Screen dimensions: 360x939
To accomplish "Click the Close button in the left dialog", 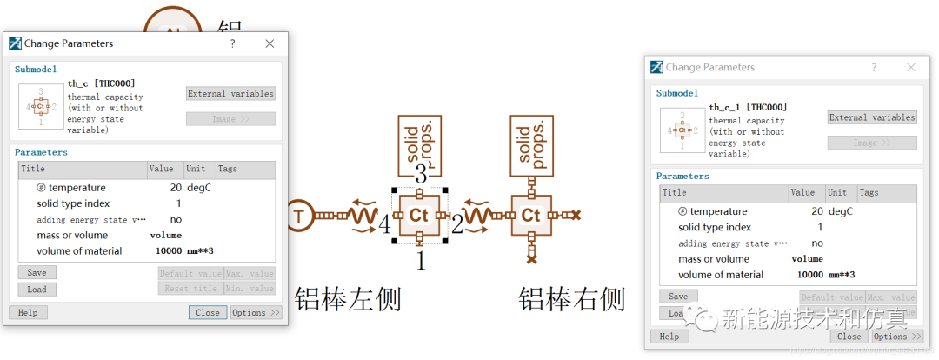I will click(x=208, y=313).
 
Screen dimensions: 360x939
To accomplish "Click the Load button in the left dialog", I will click(x=37, y=290).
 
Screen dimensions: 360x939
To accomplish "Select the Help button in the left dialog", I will click(x=28, y=313).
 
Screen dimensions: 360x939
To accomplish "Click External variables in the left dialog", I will click(x=230, y=94).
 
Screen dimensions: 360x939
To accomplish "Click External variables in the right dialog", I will click(x=872, y=117).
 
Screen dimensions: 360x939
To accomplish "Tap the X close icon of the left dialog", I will click(x=270, y=43).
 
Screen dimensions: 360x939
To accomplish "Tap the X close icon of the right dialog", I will click(x=911, y=67).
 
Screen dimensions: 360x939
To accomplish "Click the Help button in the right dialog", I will click(x=669, y=337).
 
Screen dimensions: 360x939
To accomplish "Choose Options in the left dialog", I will click(x=256, y=313).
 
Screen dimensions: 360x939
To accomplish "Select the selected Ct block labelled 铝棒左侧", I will click(x=420, y=215).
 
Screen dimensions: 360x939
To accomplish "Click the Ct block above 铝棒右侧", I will click(x=531, y=215).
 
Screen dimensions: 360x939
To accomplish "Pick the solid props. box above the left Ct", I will click(x=420, y=143).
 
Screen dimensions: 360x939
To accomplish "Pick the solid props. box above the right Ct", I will click(x=531, y=143).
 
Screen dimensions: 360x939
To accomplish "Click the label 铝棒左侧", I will click(x=348, y=299).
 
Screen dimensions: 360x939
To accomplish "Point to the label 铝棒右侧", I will click(x=571, y=299).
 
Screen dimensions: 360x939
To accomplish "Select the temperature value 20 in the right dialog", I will click(x=817, y=211).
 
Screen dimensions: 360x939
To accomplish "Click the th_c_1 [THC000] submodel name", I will click(x=748, y=108).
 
